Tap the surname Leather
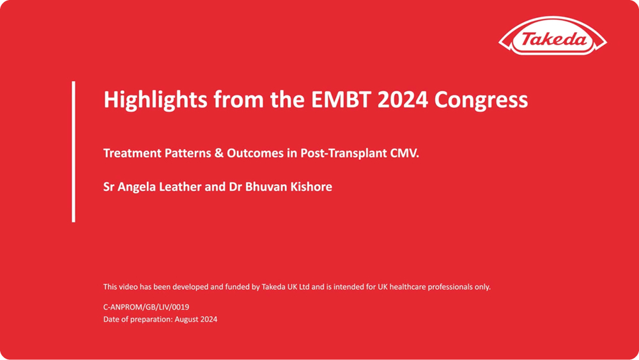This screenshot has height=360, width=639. [x=182, y=187]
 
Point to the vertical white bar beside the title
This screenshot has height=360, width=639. [x=73, y=152]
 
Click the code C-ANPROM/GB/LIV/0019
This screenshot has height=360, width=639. [x=146, y=307]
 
